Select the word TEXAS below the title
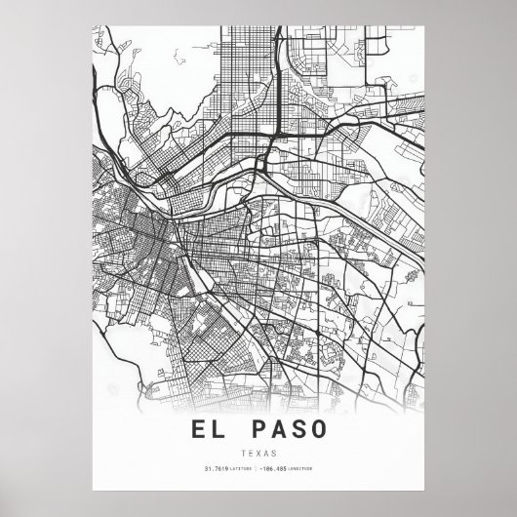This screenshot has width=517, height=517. [258, 453]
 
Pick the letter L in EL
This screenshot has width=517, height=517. [228, 428]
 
